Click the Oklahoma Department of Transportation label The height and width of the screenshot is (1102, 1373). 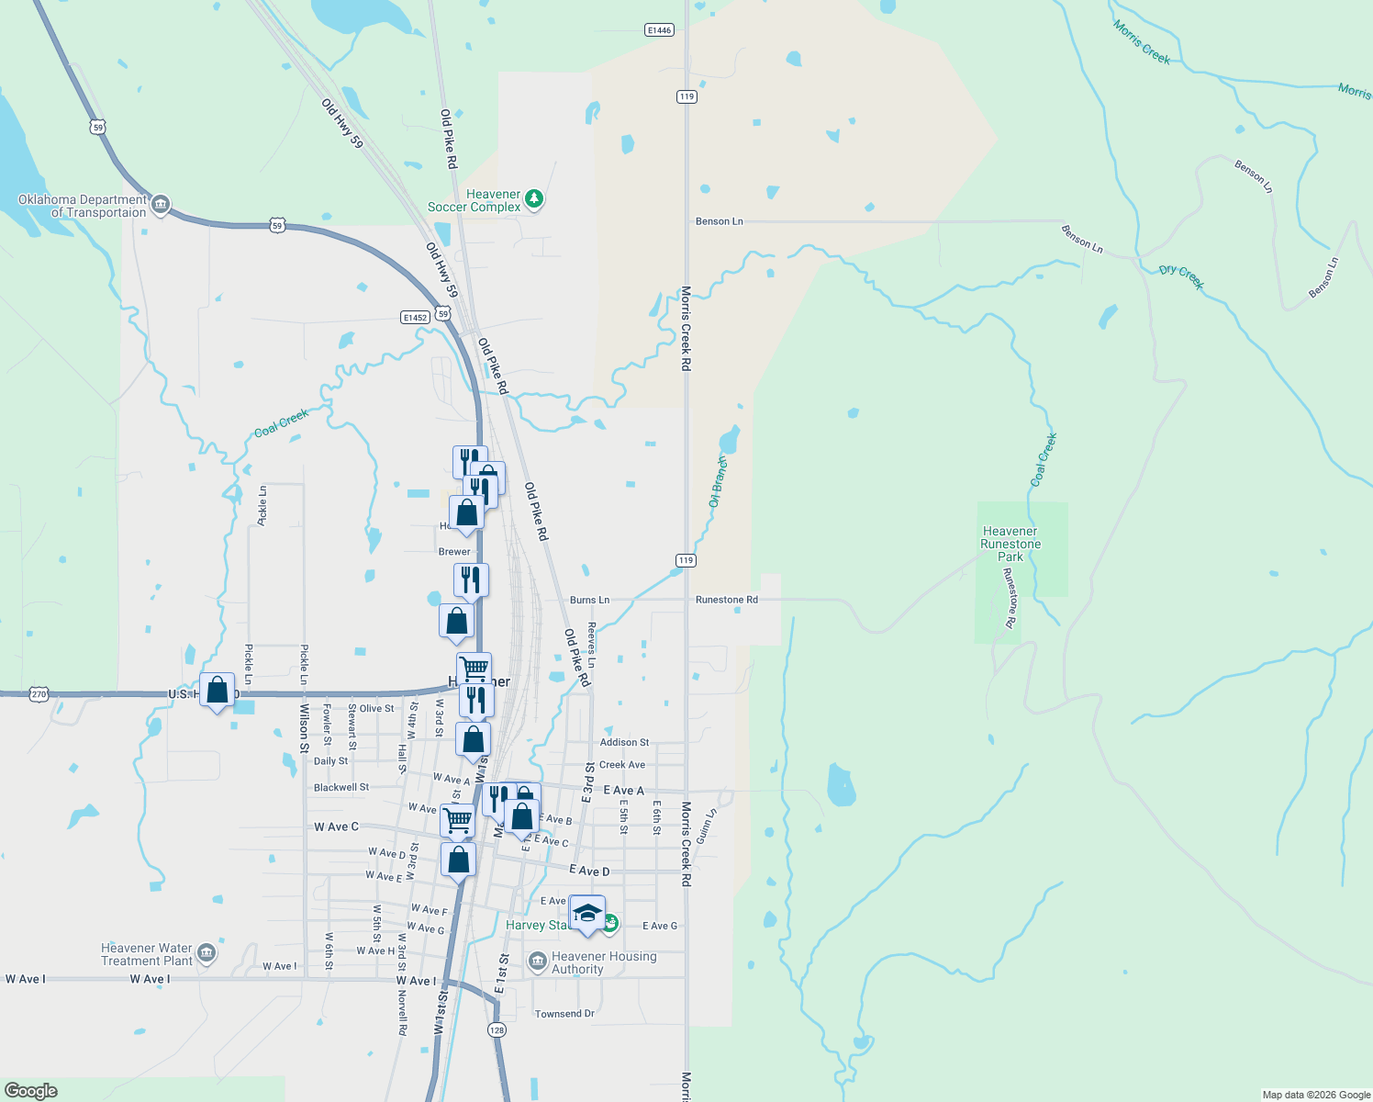(83, 206)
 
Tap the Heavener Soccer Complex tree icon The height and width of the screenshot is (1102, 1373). (534, 199)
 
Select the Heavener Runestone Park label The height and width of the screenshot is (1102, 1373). (1010, 544)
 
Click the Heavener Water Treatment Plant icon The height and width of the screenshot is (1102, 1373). (207, 953)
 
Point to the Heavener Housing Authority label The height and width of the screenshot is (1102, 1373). (603, 962)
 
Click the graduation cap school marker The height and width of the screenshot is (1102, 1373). (587, 913)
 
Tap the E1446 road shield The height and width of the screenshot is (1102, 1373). (659, 30)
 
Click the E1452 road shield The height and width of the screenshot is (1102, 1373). (415, 318)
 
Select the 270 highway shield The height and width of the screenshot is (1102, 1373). (38, 694)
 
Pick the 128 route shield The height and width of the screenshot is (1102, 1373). (497, 1029)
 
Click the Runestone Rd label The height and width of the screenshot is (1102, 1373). (727, 600)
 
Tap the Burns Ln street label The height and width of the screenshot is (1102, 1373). (589, 600)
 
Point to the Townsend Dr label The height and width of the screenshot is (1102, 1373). (564, 1014)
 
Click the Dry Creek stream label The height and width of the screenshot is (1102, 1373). (1181, 275)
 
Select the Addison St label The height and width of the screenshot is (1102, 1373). (624, 742)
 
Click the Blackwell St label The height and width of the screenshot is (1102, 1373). (341, 787)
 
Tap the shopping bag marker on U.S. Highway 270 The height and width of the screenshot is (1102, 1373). (218, 690)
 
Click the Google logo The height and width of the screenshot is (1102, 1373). (31, 1091)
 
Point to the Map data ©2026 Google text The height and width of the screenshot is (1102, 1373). (1316, 1095)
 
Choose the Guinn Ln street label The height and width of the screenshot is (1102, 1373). (705, 826)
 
